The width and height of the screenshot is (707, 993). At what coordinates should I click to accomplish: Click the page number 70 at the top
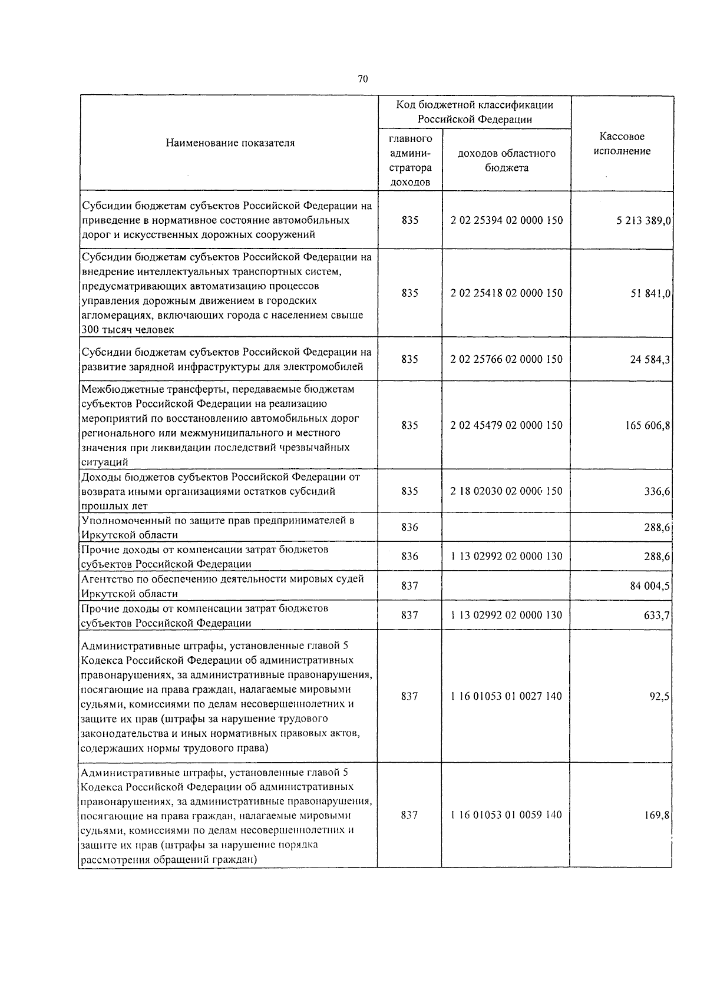tap(362, 80)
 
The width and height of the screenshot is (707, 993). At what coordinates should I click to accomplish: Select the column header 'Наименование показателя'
tap(230, 143)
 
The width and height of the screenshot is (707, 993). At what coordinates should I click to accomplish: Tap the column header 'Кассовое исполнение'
tap(622, 144)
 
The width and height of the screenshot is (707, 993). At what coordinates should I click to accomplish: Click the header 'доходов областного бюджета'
tap(506, 161)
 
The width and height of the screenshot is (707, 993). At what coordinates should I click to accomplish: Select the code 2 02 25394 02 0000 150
tap(506, 220)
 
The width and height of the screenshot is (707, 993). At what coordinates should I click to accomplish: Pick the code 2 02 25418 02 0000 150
tap(506, 293)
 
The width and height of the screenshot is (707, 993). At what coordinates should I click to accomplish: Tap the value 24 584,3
tap(650, 360)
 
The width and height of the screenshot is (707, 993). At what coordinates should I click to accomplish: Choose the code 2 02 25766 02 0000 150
tap(506, 359)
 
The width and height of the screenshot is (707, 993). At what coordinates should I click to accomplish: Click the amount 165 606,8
tap(647, 426)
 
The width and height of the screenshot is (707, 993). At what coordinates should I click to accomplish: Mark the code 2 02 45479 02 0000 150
tap(506, 425)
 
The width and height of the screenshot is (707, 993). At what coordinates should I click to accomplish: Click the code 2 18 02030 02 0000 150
tap(506, 491)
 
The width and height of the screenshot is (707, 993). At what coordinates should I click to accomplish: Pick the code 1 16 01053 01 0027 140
tap(506, 696)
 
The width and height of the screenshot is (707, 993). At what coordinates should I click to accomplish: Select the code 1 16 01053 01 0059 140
tap(506, 815)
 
